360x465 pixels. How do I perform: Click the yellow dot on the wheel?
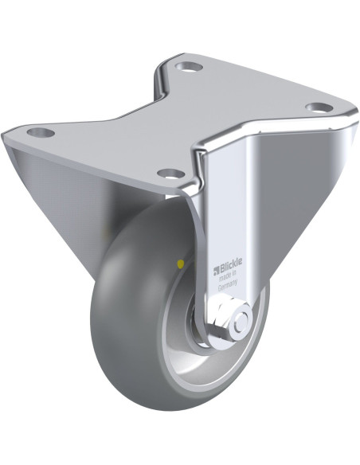(x=180, y=263)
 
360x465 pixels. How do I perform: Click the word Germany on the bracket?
(x=228, y=286)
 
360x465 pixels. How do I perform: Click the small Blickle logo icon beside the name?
(x=216, y=270)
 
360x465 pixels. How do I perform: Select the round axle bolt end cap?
(x=242, y=321)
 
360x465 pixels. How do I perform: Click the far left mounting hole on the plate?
(x=41, y=132)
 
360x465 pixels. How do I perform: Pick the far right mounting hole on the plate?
(x=319, y=107)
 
